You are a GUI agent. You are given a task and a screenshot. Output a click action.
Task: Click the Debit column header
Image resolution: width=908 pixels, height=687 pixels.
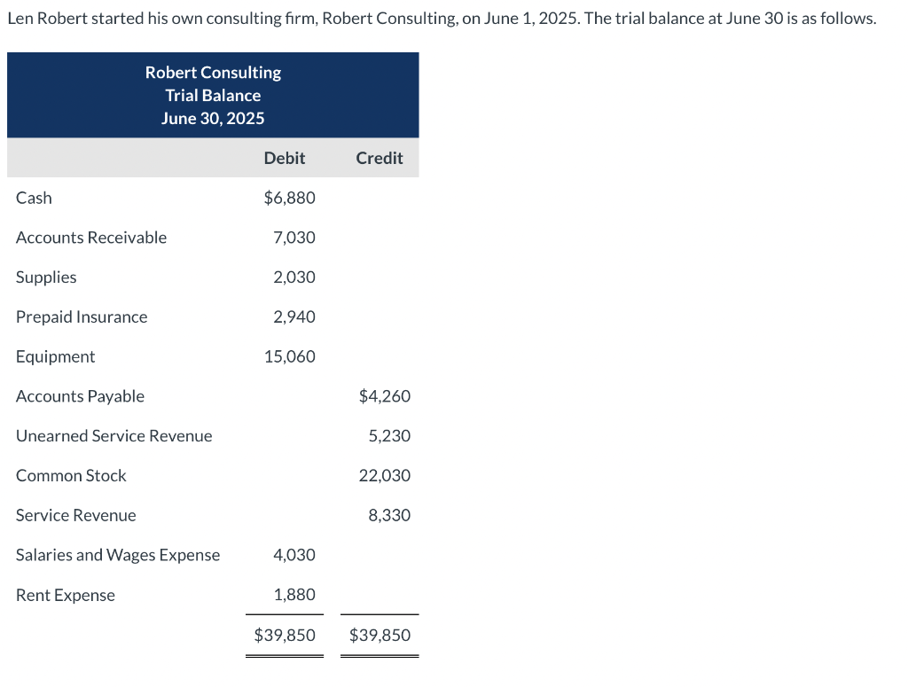tap(284, 158)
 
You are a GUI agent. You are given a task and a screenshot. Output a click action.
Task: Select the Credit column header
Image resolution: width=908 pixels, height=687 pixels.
tap(379, 158)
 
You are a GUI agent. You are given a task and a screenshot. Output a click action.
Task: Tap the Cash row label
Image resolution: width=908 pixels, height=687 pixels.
tap(34, 198)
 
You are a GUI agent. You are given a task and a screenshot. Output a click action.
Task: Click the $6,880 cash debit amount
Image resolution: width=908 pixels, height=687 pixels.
tap(289, 198)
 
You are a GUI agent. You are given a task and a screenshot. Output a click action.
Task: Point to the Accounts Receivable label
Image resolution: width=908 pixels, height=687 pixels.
tap(91, 238)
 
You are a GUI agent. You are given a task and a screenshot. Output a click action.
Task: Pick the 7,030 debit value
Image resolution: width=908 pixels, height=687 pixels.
tap(294, 238)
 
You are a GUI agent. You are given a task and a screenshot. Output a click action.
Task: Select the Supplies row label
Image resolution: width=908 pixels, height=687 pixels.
tap(46, 277)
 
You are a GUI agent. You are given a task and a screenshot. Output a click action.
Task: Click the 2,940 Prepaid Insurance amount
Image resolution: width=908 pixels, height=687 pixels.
tap(294, 316)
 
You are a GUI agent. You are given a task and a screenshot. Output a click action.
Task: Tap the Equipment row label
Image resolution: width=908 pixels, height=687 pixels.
tap(55, 356)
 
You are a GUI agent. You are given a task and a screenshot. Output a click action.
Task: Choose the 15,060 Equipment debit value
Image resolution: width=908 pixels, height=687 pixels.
tap(289, 356)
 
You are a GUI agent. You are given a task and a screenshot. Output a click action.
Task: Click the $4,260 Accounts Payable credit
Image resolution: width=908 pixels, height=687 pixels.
tap(385, 396)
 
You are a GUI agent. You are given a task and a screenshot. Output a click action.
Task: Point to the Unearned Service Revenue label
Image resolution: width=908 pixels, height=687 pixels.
tap(114, 436)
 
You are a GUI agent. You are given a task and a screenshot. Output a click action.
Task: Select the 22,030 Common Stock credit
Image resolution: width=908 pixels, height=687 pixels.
tap(385, 475)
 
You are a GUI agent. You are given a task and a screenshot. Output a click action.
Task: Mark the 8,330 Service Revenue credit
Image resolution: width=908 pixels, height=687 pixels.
tap(389, 515)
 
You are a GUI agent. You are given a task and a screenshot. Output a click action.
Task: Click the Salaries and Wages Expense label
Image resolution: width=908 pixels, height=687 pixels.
tap(118, 555)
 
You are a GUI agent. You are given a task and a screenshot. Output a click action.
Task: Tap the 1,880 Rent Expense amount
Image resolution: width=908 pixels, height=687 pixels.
tap(294, 595)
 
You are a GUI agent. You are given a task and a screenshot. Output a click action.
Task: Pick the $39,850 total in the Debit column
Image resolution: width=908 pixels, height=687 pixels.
tap(285, 635)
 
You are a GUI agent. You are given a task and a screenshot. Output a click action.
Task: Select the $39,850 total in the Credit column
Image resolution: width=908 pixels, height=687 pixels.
tap(380, 635)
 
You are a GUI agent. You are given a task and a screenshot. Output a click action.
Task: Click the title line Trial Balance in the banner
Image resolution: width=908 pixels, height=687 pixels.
tap(213, 95)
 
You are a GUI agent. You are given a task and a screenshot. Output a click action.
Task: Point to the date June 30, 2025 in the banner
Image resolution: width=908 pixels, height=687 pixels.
tap(213, 118)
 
